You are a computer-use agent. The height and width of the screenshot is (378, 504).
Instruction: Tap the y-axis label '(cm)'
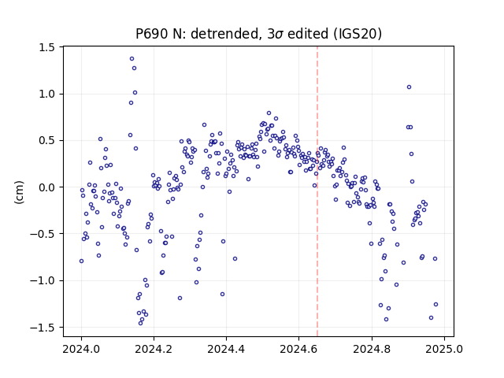(x=19, y=192)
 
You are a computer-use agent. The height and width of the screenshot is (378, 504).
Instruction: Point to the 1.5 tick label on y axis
(x=47, y=47)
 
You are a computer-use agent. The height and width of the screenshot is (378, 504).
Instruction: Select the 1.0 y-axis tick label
(x=47, y=94)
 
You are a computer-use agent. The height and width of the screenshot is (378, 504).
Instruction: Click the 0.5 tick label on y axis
(x=47, y=141)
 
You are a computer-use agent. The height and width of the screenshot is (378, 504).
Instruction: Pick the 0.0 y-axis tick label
(x=47, y=187)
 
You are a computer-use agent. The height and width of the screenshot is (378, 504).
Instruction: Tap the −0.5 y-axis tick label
(x=43, y=234)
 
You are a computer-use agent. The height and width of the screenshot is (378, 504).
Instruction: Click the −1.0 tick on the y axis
(x=43, y=280)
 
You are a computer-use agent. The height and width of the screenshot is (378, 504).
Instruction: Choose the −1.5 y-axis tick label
(x=43, y=328)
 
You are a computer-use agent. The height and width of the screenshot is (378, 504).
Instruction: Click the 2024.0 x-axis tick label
(x=81, y=349)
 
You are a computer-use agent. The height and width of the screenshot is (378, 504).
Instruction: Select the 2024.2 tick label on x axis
(x=154, y=349)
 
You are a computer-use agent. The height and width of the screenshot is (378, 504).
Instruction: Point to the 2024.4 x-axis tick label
(x=226, y=349)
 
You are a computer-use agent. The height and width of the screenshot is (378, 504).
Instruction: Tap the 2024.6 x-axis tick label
(x=298, y=349)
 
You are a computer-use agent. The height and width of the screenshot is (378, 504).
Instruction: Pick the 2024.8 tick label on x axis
(x=372, y=349)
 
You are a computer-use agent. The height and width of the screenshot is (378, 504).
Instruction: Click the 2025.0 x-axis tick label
(x=444, y=349)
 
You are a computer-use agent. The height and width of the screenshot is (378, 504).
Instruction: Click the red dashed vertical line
(x=317, y=191)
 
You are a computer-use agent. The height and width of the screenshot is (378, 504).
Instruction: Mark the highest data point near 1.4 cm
(x=132, y=59)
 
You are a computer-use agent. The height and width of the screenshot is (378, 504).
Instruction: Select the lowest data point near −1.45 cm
(x=140, y=323)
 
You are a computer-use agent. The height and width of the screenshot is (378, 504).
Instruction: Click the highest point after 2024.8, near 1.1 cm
(x=409, y=87)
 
